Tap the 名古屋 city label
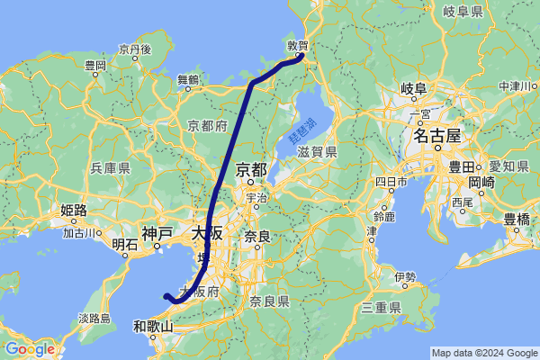[x=436, y=137]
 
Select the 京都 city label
[x=251, y=168]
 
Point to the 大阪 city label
[x=207, y=232]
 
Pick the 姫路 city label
[x=73, y=211]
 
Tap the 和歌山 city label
[x=152, y=326]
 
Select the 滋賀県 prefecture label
[x=318, y=152]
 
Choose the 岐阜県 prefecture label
[x=463, y=11]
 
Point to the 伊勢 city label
[x=405, y=276]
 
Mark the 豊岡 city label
[x=94, y=66]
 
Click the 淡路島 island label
[x=94, y=318]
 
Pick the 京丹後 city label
[x=133, y=48]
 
